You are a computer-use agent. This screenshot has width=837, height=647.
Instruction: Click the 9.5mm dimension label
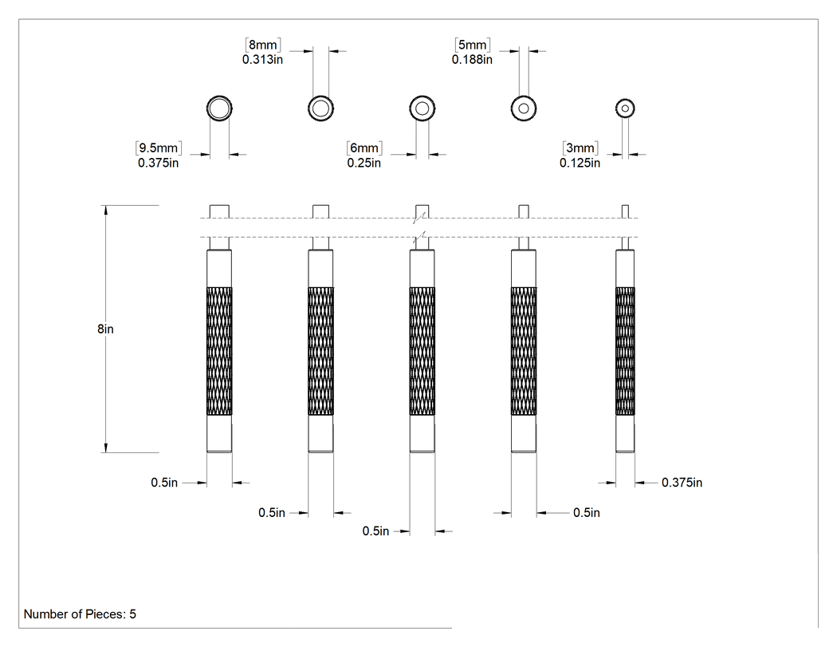coord(159,148)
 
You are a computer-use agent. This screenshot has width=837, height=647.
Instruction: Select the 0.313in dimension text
coord(262,59)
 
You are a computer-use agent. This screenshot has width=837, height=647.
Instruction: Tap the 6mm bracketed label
coord(364,148)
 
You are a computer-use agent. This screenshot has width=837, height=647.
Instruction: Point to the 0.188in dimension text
coord(472,59)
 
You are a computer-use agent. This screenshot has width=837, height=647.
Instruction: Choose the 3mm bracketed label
coord(580,148)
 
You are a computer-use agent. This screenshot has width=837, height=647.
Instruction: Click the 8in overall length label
coord(106,329)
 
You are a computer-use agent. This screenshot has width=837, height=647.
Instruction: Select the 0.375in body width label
coord(682,483)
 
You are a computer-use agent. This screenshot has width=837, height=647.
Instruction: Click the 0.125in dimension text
coord(580,163)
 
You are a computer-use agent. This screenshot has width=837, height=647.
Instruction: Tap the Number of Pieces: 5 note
coord(80,614)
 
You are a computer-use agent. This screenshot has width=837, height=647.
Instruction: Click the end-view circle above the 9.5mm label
coord(219,97)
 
